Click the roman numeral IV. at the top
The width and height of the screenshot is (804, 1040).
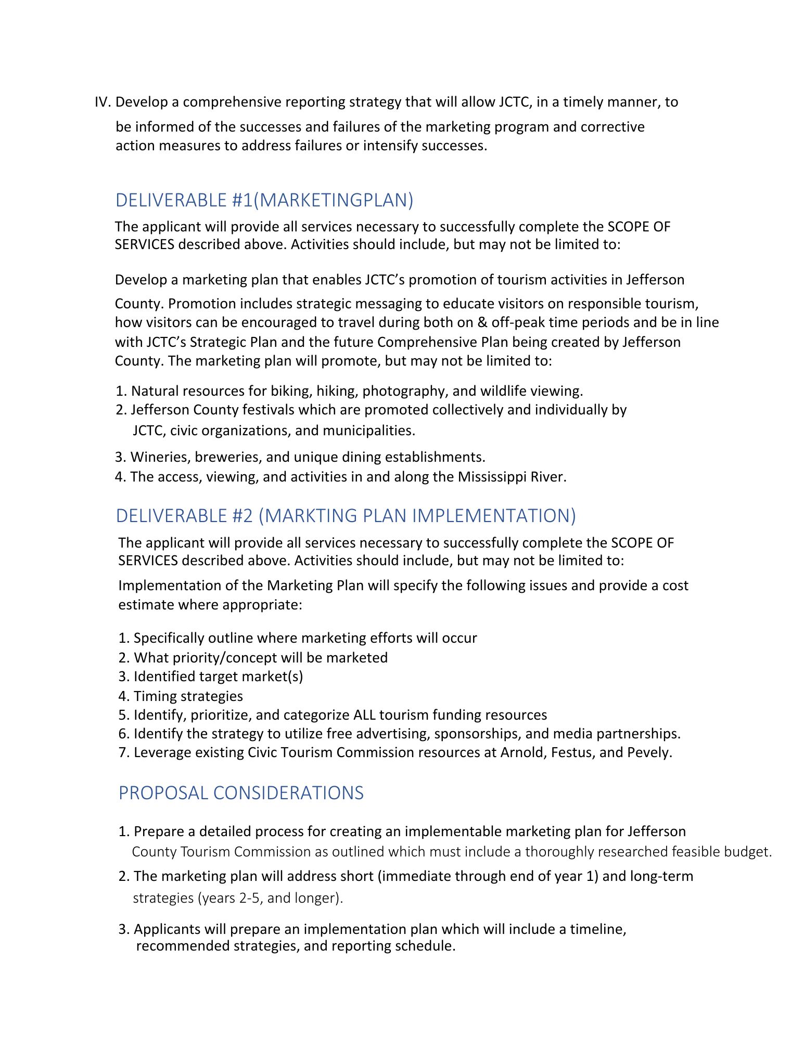pyautogui.click(x=103, y=102)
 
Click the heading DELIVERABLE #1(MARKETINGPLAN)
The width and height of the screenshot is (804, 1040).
pyautogui.click(x=264, y=200)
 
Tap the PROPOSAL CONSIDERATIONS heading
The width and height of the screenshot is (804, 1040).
pyautogui.click(x=241, y=792)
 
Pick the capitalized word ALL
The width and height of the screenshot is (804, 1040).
pyautogui.click(x=364, y=715)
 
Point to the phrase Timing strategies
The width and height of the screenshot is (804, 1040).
pyautogui.click(x=188, y=696)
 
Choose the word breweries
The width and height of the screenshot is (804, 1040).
pyautogui.click(x=228, y=457)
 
